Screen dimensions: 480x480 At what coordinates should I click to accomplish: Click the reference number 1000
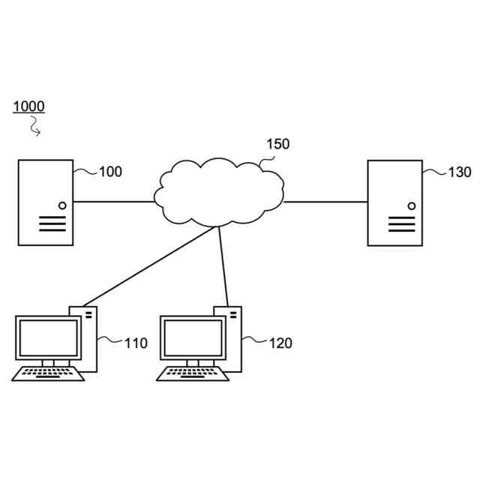pyautogui.click(x=28, y=106)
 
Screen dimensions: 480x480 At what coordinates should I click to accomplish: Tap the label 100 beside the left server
pyautogui.click(x=110, y=172)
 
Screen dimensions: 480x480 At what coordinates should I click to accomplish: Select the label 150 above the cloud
pyautogui.click(x=277, y=144)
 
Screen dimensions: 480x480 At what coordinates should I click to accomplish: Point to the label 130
pyautogui.click(x=459, y=172)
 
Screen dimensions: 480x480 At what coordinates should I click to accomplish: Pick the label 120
pyautogui.click(x=280, y=343)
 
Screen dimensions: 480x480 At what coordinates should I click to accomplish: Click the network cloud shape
pyautogui.click(x=219, y=193)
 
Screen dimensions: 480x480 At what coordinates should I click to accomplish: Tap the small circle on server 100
pyautogui.click(x=62, y=205)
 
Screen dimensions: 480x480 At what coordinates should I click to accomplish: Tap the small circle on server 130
pyautogui.click(x=411, y=205)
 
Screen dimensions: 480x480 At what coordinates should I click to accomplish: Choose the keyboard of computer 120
pyautogui.click(x=193, y=373)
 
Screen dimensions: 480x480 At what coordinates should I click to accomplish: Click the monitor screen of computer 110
pyautogui.click(x=49, y=338)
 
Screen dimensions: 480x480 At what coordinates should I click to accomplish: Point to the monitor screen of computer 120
pyautogui.click(x=193, y=338)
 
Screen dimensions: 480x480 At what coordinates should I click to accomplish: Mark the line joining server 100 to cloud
pyautogui.click(x=113, y=202)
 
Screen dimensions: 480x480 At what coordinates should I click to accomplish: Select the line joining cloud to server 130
pyautogui.click(x=325, y=202)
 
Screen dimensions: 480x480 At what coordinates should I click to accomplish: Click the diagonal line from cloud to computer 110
pyautogui.click(x=150, y=268)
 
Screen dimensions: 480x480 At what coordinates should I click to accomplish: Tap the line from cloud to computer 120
pyautogui.click(x=223, y=266)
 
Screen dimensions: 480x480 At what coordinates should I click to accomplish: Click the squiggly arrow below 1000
pyautogui.click(x=34, y=128)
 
